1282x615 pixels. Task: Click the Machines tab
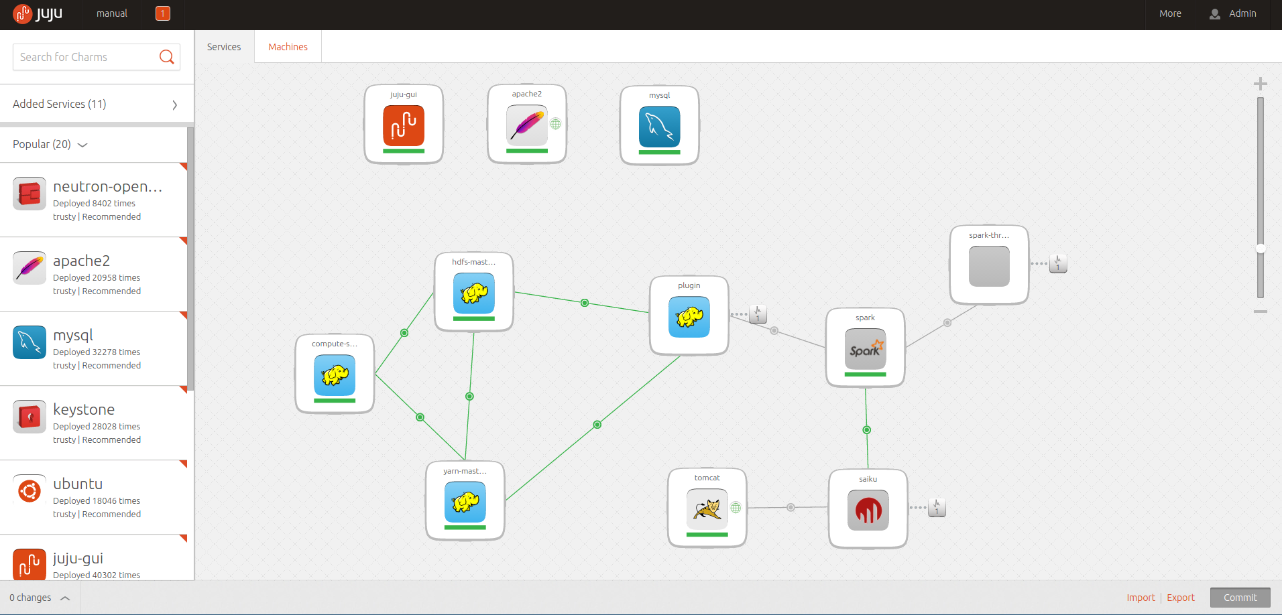coord(288,47)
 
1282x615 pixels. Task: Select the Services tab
coord(224,47)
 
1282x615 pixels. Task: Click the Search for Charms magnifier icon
coord(166,57)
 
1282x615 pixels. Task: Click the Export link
coord(1181,598)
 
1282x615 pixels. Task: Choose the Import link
coord(1141,598)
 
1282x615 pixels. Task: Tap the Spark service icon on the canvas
coord(866,349)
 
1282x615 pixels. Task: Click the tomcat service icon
coord(707,509)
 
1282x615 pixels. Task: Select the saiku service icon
coord(868,510)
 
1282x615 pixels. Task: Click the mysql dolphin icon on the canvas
coord(660,127)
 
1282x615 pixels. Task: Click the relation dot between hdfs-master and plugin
coord(585,303)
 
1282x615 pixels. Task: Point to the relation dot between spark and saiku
coord(867,430)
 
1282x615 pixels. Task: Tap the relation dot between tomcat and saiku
coord(791,507)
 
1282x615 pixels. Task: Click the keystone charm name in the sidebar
coord(84,409)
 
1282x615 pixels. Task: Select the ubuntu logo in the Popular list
coord(30,491)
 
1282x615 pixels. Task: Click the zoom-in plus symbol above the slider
coord(1261,84)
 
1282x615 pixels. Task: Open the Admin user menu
coord(1233,13)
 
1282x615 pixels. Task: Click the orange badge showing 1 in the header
coord(163,13)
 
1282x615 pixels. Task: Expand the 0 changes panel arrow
coord(65,598)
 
